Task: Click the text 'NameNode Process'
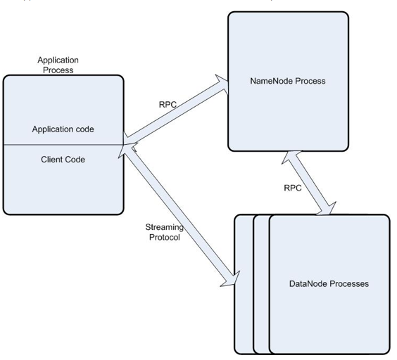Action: click(x=288, y=81)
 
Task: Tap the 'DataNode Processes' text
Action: click(x=329, y=284)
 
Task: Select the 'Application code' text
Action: click(x=63, y=129)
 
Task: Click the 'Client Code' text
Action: click(x=63, y=159)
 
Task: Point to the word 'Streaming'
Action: click(x=163, y=227)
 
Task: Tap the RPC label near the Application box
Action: click(x=168, y=104)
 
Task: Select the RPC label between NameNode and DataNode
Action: click(x=293, y=188)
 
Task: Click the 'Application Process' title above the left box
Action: click(x=58, y=65)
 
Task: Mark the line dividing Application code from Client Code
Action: click(x=63, y=144)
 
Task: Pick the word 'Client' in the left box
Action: click(x=53, y=159)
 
